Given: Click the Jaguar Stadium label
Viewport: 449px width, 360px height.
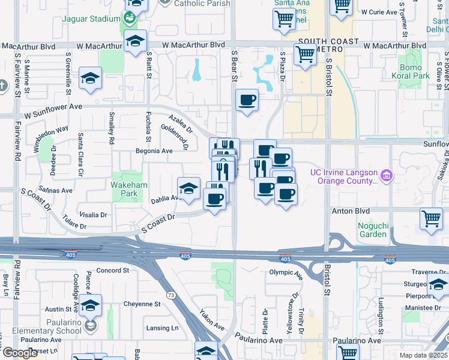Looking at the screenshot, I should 91,19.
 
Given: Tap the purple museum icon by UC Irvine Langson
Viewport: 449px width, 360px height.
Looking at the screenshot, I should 387,176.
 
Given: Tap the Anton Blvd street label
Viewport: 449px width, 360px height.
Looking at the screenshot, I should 350,211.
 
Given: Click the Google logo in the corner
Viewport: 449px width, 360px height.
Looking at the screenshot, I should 20,353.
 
